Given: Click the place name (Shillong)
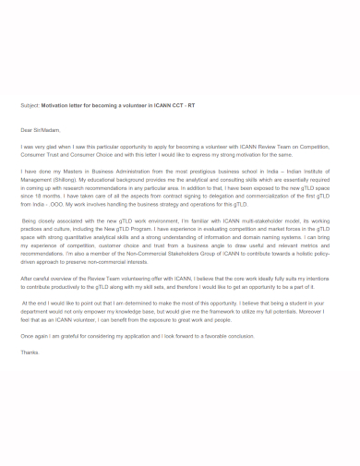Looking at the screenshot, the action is [67, 180].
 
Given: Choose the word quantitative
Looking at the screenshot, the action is [81, 238].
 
